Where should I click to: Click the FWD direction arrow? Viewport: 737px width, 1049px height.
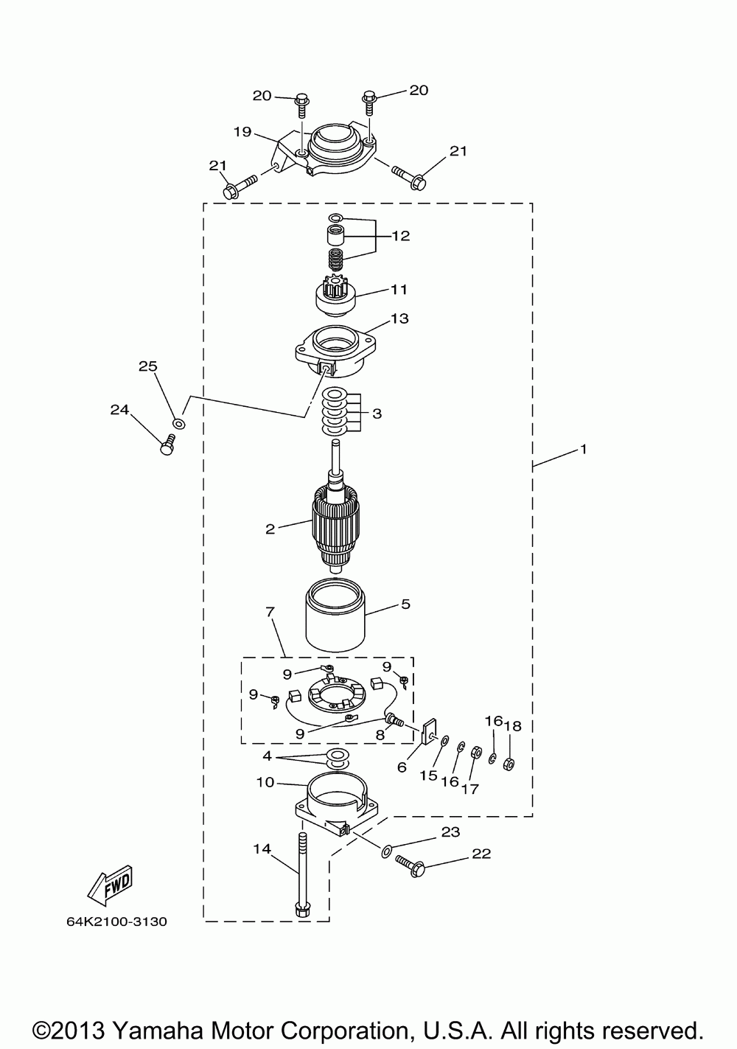tap(111, 885)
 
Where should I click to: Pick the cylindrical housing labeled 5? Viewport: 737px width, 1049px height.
tap(335, 616)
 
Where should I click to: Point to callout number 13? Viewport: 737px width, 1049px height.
tap(400, 318)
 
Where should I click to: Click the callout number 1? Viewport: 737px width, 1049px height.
tap(583, 448)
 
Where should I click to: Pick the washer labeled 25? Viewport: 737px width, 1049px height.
tap(178, 423)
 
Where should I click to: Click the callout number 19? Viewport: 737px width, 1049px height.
tap(243, 132)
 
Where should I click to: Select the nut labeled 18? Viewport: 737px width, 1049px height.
tap(508, 764)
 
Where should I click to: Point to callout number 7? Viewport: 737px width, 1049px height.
tap(270, 612)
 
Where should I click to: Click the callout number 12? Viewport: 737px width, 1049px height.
tap(401, 236)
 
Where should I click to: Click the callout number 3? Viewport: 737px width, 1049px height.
tap(377, 414)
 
